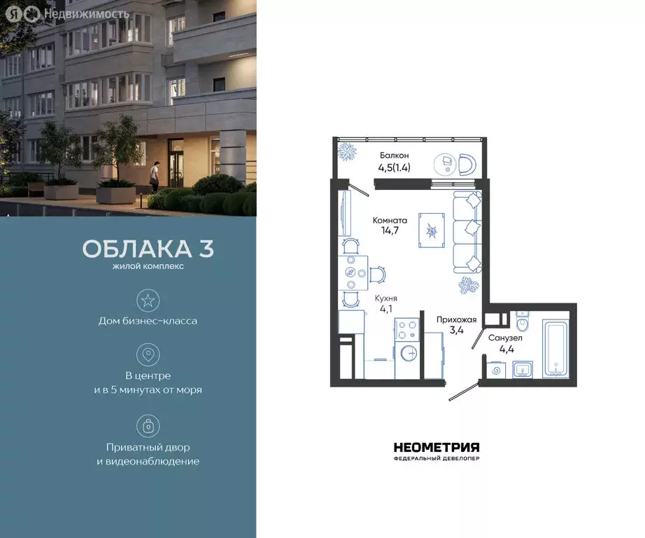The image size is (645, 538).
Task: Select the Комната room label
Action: click(390, 220)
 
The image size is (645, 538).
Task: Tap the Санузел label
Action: click(505, 338)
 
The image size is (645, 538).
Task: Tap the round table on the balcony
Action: click(445, 163)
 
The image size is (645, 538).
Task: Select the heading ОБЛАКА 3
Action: click(148, 249)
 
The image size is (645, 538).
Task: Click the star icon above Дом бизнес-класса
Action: click(148, 301)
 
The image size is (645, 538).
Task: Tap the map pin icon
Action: click(148, 354)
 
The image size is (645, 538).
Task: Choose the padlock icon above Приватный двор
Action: click(148, 425)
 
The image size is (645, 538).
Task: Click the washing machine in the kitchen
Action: click(409, 353)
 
